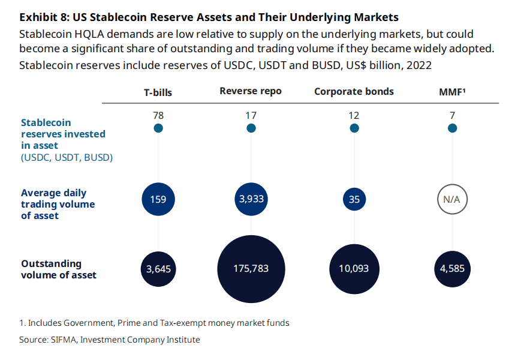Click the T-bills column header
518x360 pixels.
point(158,92)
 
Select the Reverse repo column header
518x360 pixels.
point(251,91)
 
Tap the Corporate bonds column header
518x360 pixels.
point(354,91)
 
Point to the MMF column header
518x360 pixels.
point(453,91)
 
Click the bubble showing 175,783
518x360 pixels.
point(251,269)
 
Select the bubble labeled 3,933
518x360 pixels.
point(251,199)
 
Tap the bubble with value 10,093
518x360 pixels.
point(354,269)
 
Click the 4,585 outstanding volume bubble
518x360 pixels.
point(453,269)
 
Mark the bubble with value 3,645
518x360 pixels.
point(158,269)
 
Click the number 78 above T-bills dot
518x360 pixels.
point(158,115)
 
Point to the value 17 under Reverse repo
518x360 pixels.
point(251,115)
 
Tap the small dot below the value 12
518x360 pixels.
point(354,128)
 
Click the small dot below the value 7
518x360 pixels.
point(453,128)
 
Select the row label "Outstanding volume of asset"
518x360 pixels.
point(59,269)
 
